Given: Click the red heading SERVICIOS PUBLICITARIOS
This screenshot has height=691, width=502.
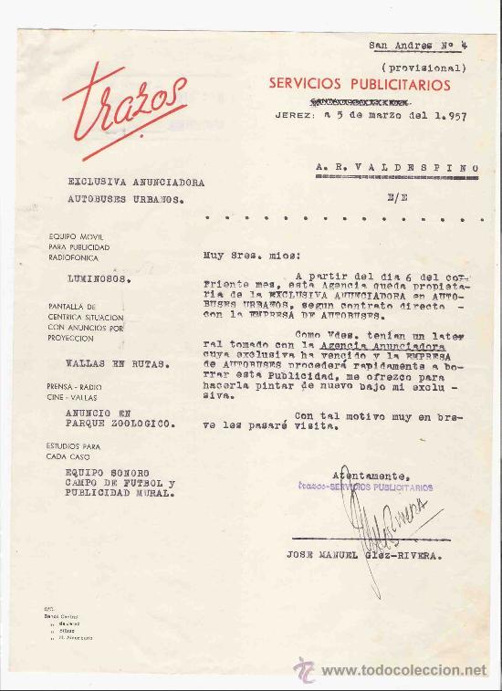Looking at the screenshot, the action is pyautogui.click(x=360, y=84).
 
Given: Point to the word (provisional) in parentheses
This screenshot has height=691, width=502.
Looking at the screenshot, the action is pyautogui.click(x=424, y=67).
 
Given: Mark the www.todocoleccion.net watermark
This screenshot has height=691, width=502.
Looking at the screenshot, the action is pyautogui.click(x=402, y=671).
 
